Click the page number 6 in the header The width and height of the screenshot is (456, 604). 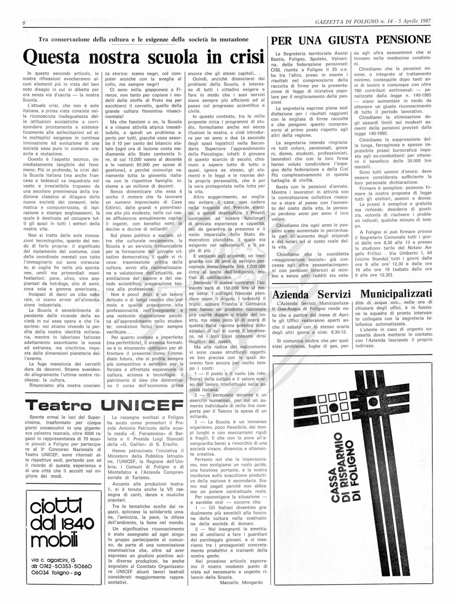pos(24,23)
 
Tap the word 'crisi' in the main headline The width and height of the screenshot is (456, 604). pos(247,57)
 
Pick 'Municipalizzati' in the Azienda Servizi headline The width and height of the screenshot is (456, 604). pos(396,294)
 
